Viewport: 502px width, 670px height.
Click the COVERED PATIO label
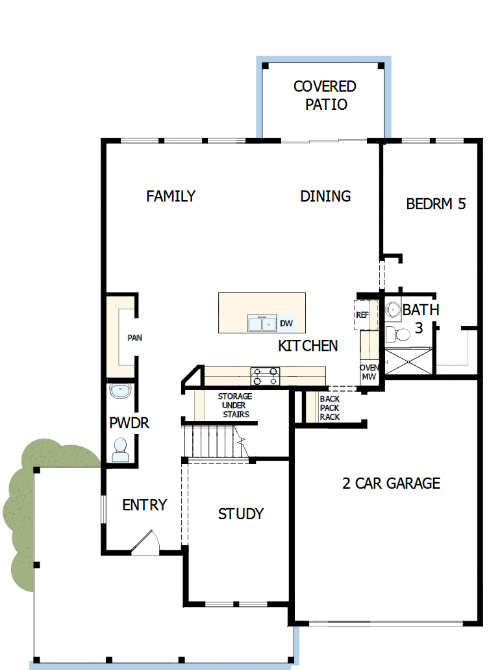[325, 96]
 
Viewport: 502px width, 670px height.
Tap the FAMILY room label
[171, 196]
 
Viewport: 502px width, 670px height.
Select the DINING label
[325, 196]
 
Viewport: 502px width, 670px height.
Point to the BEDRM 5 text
[436, 204]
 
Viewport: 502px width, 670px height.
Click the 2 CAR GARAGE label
[391, 483]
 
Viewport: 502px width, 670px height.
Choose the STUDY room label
[240, 514]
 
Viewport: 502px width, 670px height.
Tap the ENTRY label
[144, 505]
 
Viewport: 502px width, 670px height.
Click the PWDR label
[129, 424]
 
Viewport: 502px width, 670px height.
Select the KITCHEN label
[308, 346]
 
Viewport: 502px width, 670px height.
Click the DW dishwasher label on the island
[286, 323]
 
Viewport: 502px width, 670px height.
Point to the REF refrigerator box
[362, 315]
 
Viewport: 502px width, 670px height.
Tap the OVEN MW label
[369, 372]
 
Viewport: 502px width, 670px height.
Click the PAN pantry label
[134, 338]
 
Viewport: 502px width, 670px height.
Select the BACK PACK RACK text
[329, 408]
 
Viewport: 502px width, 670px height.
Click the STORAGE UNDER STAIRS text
[234, 406]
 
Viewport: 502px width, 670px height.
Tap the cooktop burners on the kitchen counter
[265, 376]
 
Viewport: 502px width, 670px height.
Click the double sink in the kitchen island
[262, 323]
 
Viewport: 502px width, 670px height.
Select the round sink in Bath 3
[393, 310]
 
